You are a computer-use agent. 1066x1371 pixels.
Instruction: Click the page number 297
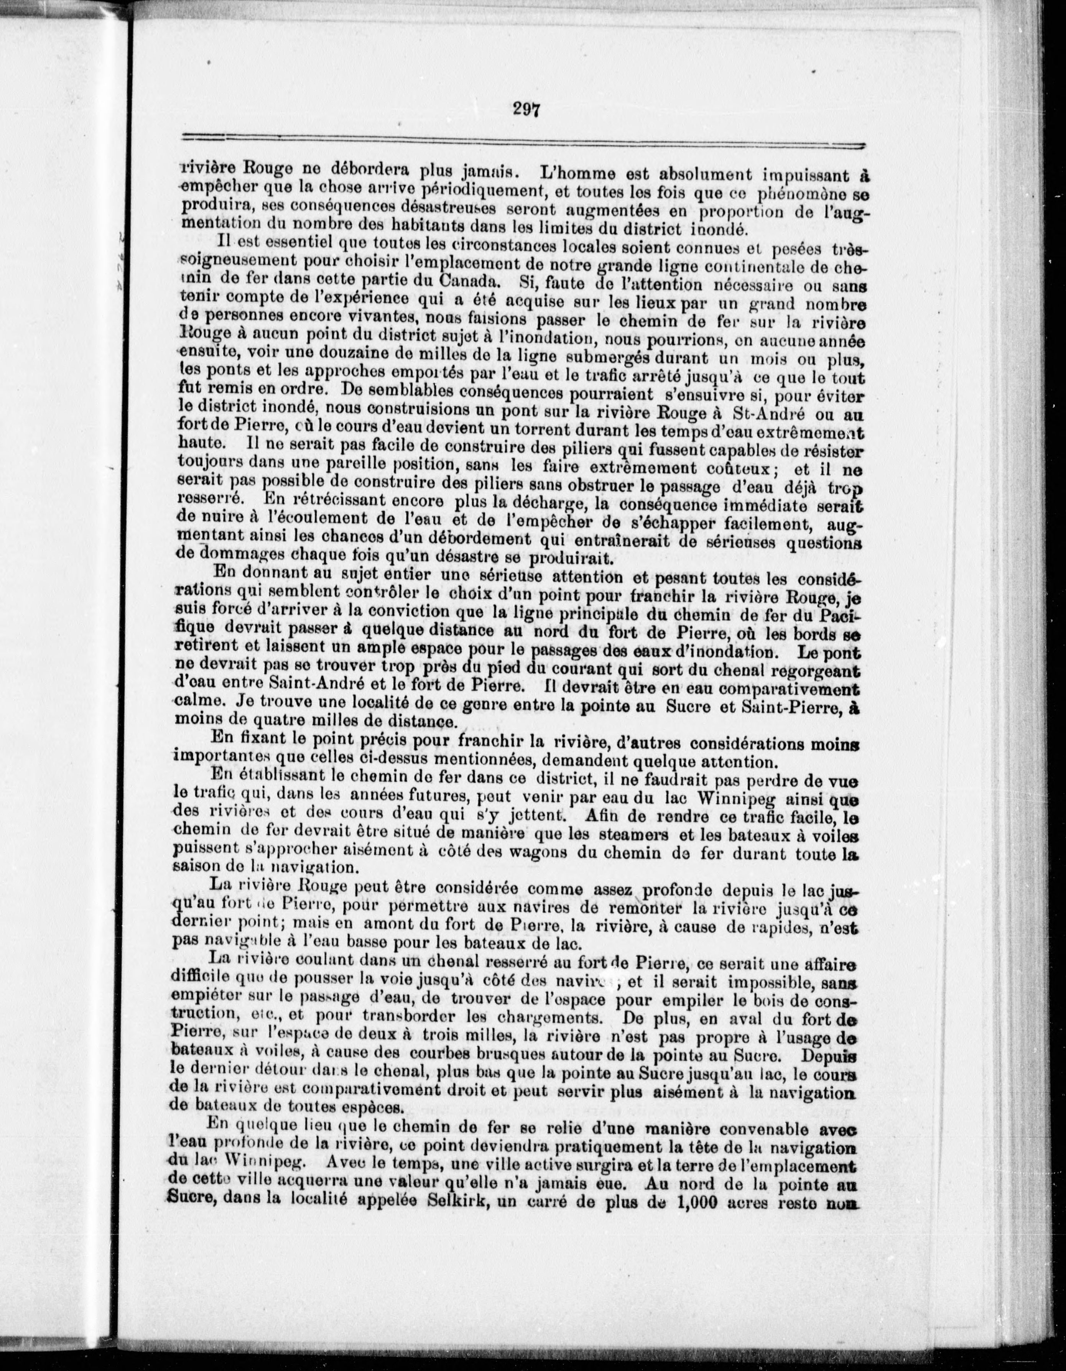coord(526,109)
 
